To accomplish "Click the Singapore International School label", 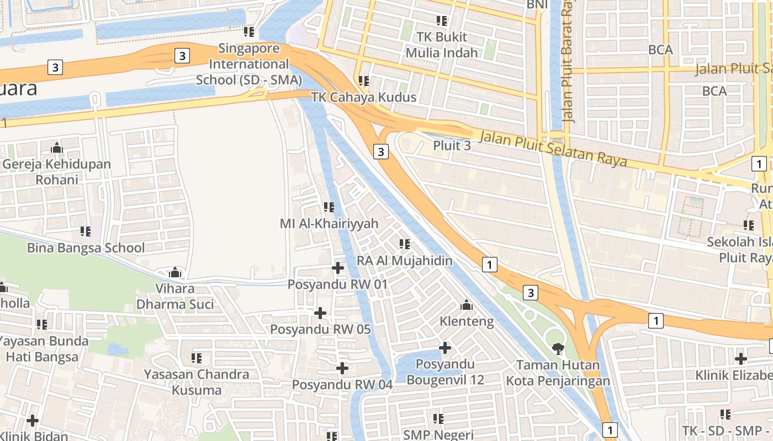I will [249, 64].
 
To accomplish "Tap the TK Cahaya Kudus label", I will [363, 97].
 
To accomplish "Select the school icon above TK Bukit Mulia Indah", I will [441, 21].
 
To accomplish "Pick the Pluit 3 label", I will [452, 146].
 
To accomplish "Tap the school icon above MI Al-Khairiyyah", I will [329, 207].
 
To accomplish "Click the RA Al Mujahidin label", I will [405, 260].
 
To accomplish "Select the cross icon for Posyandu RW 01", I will [338, 268].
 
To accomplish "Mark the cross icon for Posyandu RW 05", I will [320, 313].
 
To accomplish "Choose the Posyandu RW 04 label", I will [342, 384].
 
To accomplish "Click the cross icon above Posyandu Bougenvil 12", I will [445, 348].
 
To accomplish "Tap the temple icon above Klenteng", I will [467, 305].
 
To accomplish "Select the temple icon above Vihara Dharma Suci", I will [176, 272].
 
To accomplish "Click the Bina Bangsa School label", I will [86, 248].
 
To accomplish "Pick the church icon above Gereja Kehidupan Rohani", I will [56, 148].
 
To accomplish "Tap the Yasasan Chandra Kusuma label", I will [197, 382].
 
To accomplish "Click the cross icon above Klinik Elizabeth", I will [741, 359].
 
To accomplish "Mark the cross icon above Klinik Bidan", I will [33, 421].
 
